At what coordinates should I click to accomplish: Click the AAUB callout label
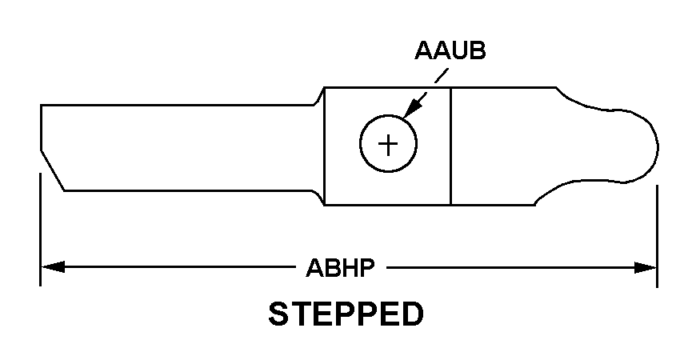(x=450, y=50)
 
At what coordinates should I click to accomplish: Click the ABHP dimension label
(x=341, y=268)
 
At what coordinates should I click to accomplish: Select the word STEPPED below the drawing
(x=346, y=314)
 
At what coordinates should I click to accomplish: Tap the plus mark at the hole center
(x=388, y=144)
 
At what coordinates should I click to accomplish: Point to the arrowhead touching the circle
(x=411, y=110)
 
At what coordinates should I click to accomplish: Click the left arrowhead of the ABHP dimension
(x=53, y=267)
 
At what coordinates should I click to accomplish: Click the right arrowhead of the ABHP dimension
(x=645, y=268)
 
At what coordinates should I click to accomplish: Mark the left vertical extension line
(x=40, y=230)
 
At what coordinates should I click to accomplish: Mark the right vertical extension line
(x=657, y=236)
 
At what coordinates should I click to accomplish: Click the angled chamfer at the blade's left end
(x=52, y=170)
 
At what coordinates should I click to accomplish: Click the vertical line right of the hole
(x=450, y=146)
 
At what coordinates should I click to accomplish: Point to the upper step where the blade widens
(x=319, y=96)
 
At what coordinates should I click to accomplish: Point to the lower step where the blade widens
(x=318, y=198)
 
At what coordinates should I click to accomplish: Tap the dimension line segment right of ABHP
(x=522, y=268)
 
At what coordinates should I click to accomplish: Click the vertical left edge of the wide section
(x=325, y=146)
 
